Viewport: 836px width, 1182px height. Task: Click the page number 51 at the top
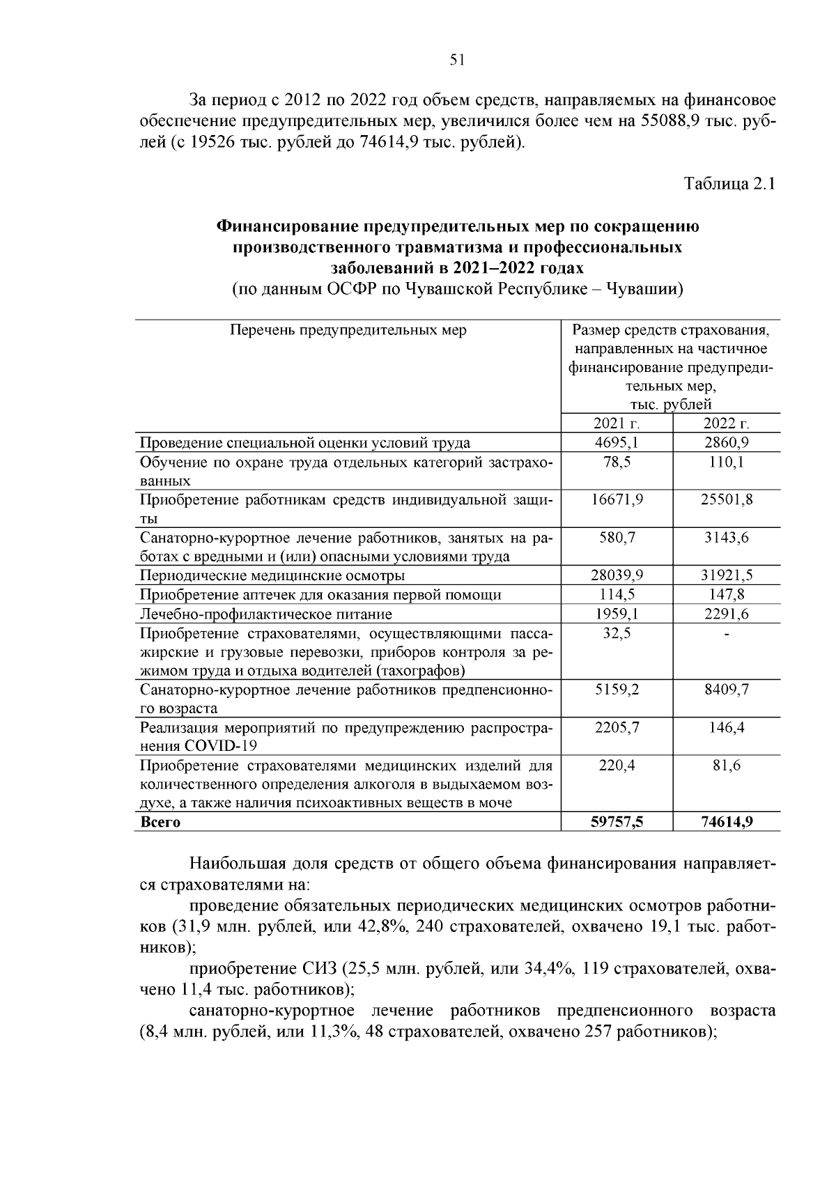click(457, 60)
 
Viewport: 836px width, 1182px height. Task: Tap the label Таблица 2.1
click(729, 184)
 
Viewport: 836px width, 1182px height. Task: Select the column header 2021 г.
click(617, 423)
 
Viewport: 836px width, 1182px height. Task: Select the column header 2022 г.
click(727, 423)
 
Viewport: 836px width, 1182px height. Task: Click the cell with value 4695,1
click(617, 442)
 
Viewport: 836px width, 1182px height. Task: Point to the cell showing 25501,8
click(727, 499)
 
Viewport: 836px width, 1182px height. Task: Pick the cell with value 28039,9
click(617, 575)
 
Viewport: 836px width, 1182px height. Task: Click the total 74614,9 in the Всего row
click(727, 822)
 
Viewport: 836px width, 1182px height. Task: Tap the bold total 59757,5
click(617, 822)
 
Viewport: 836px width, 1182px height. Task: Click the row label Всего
click(160, 822)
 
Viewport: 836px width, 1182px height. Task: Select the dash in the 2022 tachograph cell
click(727, 634)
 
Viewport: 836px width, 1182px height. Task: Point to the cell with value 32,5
click(617, 633)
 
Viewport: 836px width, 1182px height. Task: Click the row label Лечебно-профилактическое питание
click(266, 614)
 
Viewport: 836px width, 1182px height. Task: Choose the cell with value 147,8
click(727, 595)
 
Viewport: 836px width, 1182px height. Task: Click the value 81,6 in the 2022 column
click(727, 765)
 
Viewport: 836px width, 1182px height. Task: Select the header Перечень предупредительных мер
click(348, 330)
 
